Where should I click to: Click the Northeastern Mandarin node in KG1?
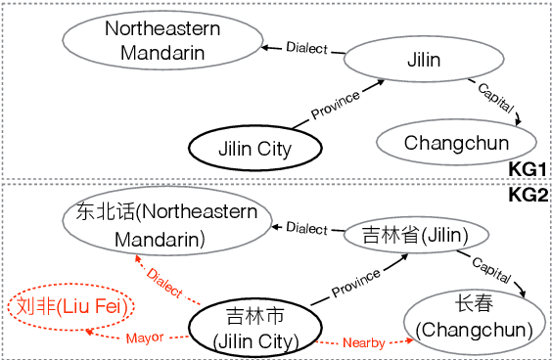162,40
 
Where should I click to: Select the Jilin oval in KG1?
423,60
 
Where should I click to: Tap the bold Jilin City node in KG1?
253,150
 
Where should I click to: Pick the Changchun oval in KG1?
456,143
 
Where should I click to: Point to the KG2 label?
528,195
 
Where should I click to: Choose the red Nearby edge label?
363,343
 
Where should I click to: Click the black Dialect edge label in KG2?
306,228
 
